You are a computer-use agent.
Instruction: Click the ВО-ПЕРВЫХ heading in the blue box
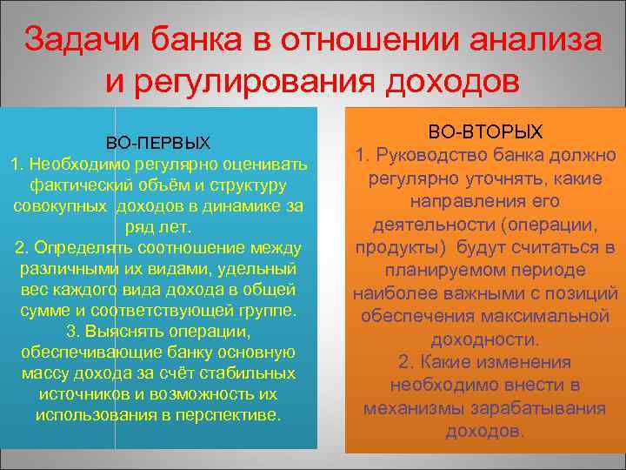(x=158, y=142)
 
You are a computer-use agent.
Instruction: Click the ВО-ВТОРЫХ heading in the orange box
(x=486, y=132)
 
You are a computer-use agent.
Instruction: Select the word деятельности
(x=428, y=225)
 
